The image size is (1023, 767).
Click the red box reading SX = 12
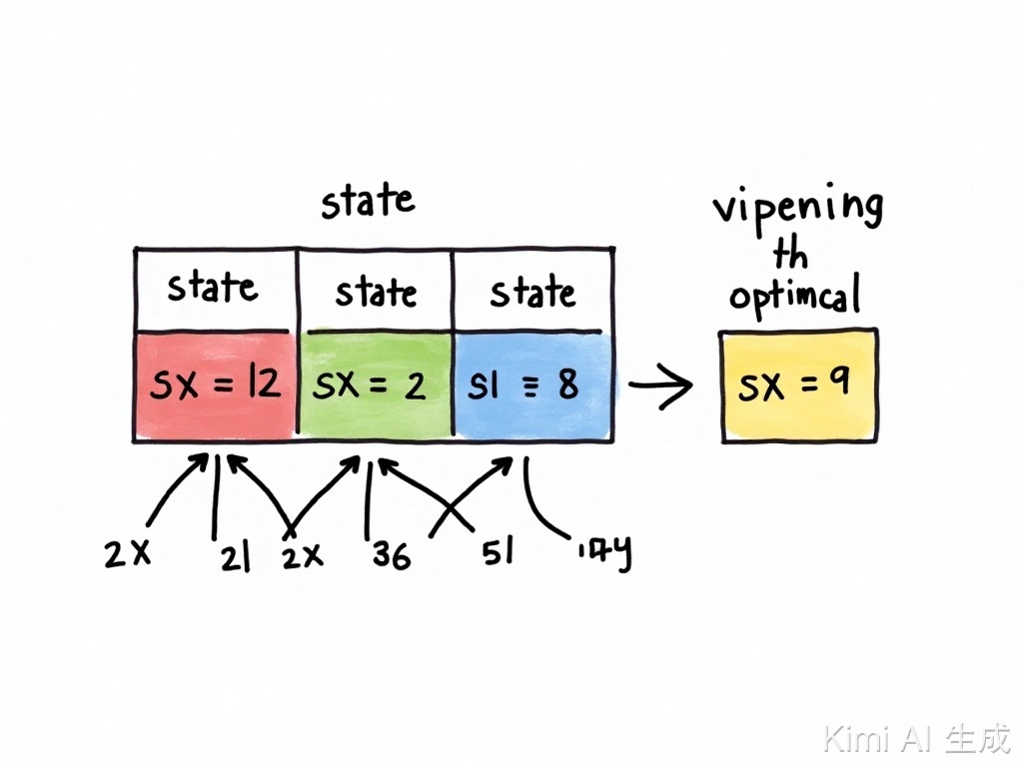(215, 386)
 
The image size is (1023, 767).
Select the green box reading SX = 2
(375, 386)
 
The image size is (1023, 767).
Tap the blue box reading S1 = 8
(531, 386)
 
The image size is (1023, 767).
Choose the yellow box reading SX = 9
(798, 386)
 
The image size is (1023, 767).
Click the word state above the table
(368, 201)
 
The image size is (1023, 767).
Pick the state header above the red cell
(212, 288)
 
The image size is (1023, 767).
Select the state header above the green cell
(376, 292)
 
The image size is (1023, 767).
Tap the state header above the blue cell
(532, 293)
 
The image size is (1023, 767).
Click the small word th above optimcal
(790, 255)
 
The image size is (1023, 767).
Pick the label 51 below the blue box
(496, 552)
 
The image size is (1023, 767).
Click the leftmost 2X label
(127, 554)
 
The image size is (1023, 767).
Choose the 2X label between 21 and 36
(302, 556)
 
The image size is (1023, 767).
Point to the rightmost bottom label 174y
(603, 555)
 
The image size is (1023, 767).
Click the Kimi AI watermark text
(916, 739)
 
